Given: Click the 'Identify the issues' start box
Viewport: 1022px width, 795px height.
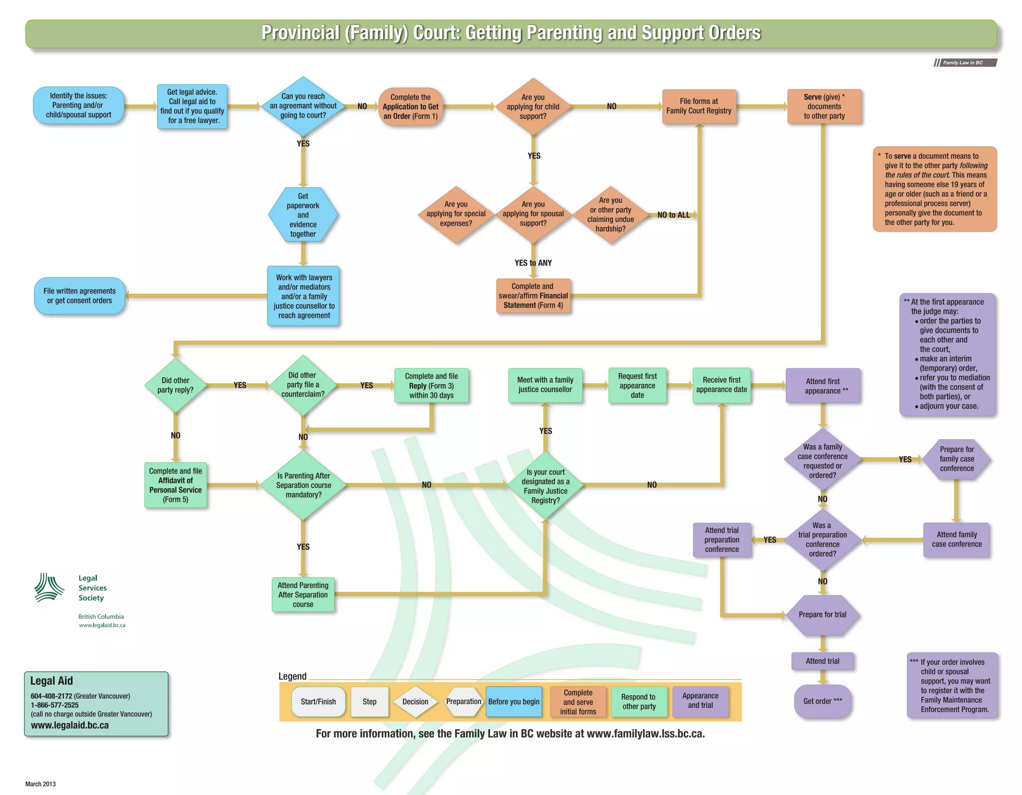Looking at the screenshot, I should click(x=78, y=105).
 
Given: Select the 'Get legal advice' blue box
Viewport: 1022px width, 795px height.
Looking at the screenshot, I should click(x=192, y=106).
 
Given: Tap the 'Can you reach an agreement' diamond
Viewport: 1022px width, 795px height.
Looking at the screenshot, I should click(x=303, y=106).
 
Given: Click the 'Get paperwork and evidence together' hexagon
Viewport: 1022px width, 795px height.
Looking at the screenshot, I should click(x=303, y=215).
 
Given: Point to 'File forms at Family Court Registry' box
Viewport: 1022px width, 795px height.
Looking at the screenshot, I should click(x=699, y=106).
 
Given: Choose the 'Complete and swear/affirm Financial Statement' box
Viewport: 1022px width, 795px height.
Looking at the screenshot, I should click(x=533, y=296).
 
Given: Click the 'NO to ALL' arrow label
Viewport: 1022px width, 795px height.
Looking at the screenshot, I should click(x=673, y=215).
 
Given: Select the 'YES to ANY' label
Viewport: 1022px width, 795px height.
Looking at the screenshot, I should click(x=533, y=263).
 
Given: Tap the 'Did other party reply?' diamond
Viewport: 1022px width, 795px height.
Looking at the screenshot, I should click(x=175, y=385).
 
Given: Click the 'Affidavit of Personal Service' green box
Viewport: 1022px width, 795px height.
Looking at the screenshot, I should click(x=175, y=485).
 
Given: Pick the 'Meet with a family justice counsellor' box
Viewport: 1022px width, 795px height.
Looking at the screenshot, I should click(x=545, y=385).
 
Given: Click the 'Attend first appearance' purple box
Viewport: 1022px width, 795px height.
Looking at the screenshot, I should click(x=822, y=386).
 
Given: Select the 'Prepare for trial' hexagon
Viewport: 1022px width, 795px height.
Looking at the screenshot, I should click(x=822, y=615).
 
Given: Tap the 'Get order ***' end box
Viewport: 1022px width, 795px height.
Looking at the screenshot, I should click(x=822, y=701).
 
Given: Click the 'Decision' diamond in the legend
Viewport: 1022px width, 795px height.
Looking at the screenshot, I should click(x=415, y=702).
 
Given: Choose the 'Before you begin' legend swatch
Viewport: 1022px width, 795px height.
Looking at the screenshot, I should click(x=513, y=702).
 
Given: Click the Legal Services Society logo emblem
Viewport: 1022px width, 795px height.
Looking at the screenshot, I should click(x=49, y=587).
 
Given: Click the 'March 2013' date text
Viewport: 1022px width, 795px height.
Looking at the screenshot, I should click(x=40, y=784).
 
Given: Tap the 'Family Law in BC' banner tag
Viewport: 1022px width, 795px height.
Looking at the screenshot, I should click(x=965, y=63).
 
